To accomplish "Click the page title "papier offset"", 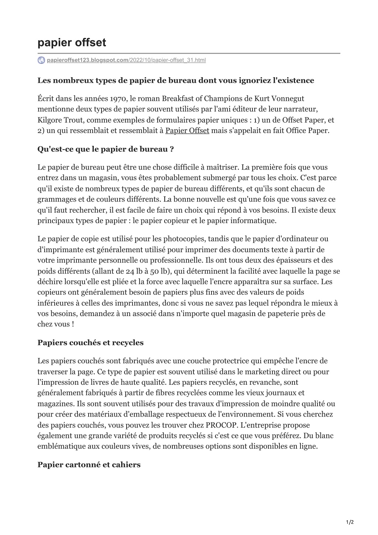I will pos(72,43).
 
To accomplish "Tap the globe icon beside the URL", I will pos(41,60).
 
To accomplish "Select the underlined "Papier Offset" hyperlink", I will pos(187,131).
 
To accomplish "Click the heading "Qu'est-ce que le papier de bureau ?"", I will pos(106,149).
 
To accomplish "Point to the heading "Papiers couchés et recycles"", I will pos(90,343).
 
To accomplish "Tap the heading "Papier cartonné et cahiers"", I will pos(89,464).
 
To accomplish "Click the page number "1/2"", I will pos(350,522).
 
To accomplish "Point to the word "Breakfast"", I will pos(179,99).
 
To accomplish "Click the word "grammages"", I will pos(57,199).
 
